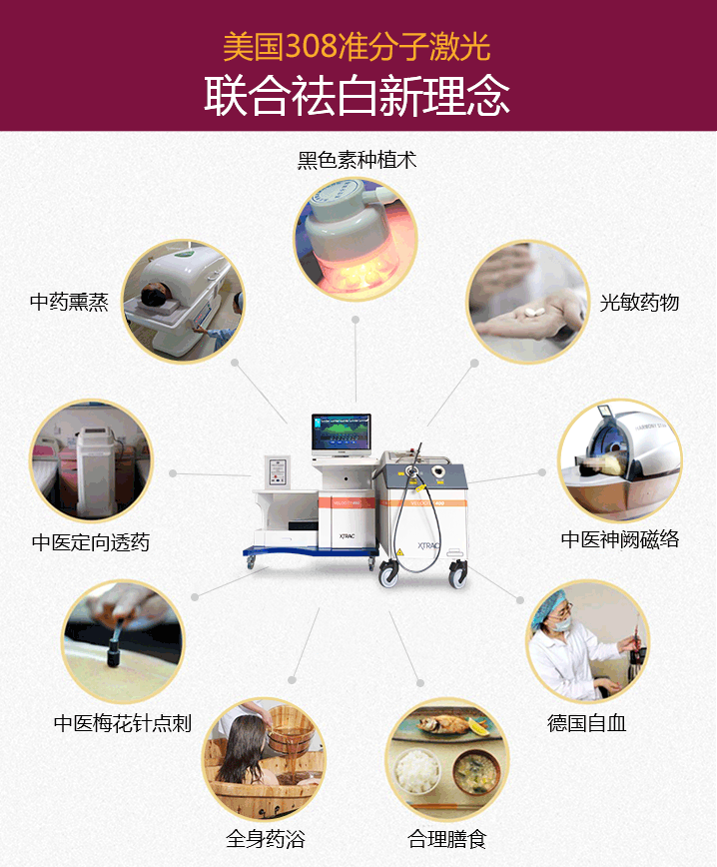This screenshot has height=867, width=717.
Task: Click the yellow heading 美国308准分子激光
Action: (x=357, y=46)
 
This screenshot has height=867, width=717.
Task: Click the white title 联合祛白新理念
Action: (x=357, y=96)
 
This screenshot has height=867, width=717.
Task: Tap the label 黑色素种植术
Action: (x=356, y=160)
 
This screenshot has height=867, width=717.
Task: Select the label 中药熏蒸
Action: (x=69, y=302)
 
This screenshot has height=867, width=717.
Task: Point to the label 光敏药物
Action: (x=639, y=302)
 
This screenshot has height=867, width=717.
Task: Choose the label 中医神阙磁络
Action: (x=620, y=539)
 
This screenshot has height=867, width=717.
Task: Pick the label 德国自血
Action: (x=587, y=723)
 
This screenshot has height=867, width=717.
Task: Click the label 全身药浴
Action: (x=265, y=839)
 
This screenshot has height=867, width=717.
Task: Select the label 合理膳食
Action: (x=446, y=839)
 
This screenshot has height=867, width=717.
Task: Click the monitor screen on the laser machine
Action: (x=341, y=433)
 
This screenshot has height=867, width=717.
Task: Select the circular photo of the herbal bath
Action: (x=264, y=759)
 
